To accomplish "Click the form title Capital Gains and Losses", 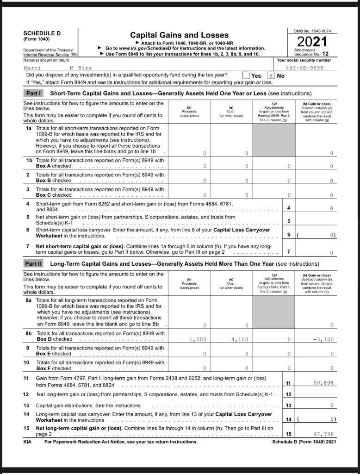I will point(179,35).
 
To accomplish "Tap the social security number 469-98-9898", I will point(304,68).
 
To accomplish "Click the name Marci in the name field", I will point(32,68).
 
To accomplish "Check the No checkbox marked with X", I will point(271,75).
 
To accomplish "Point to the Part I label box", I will point(33,93).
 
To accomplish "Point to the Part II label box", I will point(33,264).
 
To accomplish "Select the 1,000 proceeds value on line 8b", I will point(198,339).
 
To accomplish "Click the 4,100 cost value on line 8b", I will point(240,339).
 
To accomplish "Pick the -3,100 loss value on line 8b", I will point(323,339).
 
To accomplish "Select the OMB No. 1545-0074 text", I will point(312,31).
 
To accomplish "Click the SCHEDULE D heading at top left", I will point(42,33).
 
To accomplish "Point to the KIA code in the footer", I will point(27,442).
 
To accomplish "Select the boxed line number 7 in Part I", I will point(288,252).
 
